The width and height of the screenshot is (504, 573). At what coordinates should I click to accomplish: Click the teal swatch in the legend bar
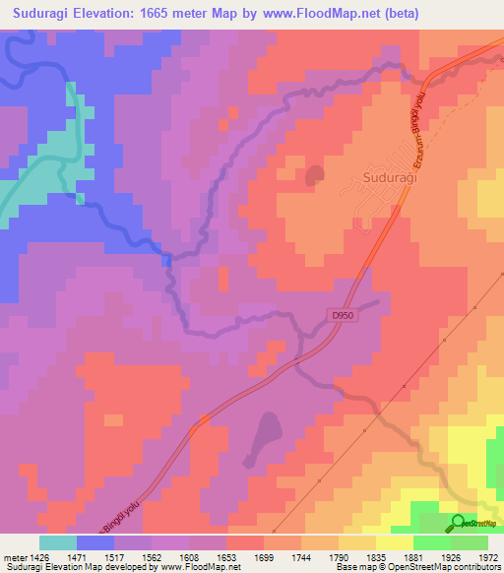[x=58, y=542]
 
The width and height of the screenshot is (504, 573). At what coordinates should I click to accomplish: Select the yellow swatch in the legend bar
[x=394, y=542]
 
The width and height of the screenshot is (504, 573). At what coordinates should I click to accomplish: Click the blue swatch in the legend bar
[x=95, y=542]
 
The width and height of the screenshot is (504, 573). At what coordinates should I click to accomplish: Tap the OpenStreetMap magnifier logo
[x=458, y=523]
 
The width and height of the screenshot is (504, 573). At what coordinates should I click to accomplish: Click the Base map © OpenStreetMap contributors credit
[x=416, y=567]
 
